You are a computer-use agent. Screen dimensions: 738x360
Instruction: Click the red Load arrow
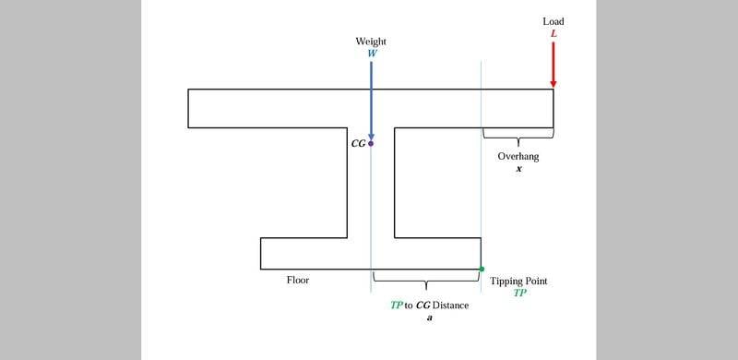click(553, 65)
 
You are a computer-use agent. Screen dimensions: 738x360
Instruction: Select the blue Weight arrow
click(371, 100)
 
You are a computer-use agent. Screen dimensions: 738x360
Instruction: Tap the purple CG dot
click(371, 143)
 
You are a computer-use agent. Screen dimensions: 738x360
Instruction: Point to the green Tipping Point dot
click(482, 269)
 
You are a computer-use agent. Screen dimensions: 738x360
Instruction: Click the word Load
click(553, 21)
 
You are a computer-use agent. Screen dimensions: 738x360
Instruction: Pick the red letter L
click(553, 34)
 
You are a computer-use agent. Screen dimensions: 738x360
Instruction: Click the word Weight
click(371, 42)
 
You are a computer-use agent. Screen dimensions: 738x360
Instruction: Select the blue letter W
click(372, 53)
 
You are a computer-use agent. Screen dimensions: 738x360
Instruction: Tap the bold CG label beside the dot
click(358, 144)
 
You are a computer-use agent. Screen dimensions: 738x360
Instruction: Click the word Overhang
click(518, 156)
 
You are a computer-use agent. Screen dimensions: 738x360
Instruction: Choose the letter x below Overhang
click(518, 169)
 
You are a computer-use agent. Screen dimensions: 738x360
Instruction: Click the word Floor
click(298, 281)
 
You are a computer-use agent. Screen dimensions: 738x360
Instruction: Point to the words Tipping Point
click(518, 282)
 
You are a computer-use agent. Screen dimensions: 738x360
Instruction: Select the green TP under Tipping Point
click(519, 293)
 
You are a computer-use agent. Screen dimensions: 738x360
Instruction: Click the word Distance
click(450, 306)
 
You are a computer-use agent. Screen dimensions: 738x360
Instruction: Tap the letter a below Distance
click(429, 318)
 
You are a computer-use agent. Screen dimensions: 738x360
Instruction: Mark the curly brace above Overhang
click(518, 136)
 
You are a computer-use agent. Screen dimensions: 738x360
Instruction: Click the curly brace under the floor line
click(426, 282)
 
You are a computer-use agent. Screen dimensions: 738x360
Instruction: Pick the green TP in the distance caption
click(397, 306)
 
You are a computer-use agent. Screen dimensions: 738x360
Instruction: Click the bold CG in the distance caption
click(423, 306)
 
